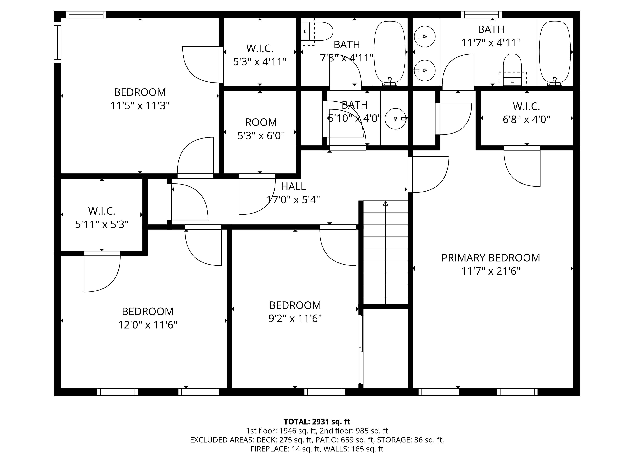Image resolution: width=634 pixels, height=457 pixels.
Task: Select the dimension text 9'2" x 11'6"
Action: (x=295, y=318)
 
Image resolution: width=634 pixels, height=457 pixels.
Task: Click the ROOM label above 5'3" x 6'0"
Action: (x=261, y=122)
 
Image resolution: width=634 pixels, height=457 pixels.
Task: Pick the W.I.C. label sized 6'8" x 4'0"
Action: (x=526, y=106)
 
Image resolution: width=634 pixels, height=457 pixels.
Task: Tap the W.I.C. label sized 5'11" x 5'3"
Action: (x=102, y=211)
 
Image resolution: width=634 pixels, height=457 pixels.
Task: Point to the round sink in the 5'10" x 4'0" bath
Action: (x=396, y=119)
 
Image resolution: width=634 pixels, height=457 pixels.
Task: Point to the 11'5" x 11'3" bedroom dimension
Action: (x=140, y=106)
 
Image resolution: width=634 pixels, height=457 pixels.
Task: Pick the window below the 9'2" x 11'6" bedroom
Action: (x=325, y=392)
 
